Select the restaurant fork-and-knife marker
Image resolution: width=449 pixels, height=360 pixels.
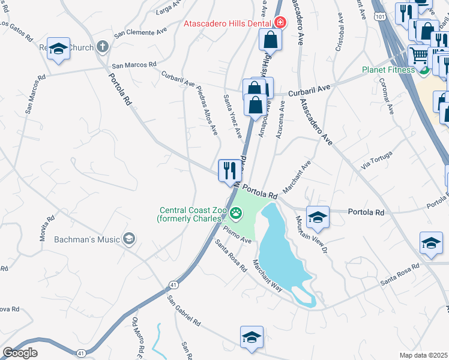point(230,170)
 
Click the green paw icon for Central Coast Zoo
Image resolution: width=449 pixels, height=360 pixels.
point(237,211)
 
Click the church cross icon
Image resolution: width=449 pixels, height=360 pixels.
point(103,47)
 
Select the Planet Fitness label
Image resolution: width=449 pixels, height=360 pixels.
point(388,70)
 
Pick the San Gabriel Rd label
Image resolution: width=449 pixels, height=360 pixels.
point(184,311)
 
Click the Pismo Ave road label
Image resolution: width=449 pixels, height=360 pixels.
point(238,235)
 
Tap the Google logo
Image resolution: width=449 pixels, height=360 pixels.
point(20,353)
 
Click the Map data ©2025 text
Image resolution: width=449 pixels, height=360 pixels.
point(423,355)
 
